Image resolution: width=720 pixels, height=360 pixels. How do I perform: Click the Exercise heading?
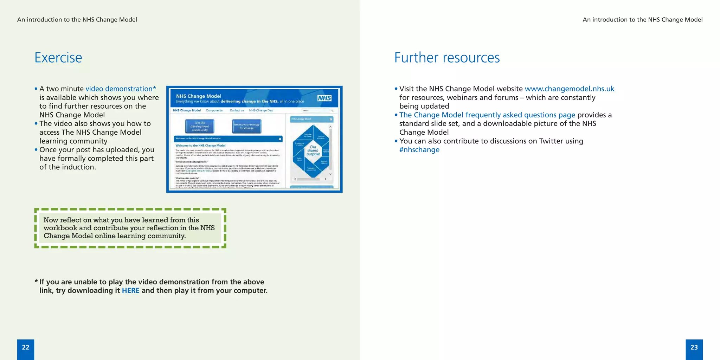(x=58, y=58)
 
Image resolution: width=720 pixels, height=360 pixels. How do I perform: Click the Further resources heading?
(x=446, y=58)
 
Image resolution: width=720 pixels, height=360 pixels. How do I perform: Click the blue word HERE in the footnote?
(x=130, y=291)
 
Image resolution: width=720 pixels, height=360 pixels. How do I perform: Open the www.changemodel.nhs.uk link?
(x=569, y=89)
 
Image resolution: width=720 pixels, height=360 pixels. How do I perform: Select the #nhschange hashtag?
(x=419, y=150)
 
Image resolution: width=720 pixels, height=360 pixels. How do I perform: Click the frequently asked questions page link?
(x=487, y=115)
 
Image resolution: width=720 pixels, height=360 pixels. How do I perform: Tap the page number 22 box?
(x=26, y=348)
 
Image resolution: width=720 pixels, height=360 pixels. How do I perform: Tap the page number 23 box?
(x=694, y=348)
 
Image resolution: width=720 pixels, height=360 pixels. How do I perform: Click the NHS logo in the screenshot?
(x=324, y=98)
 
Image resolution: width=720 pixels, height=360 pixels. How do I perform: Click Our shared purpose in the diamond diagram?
(x=313, y=150)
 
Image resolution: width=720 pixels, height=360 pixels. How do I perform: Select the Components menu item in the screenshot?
(x=214, y=110)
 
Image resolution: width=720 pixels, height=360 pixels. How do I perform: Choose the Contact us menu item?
(x=237, y=110)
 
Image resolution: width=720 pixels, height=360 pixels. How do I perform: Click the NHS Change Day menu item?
(x=261, y=110)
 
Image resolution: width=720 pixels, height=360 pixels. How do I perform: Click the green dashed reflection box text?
(x=129, y=228)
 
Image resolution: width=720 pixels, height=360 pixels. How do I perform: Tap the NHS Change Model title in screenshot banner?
(x=198, y=96)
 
